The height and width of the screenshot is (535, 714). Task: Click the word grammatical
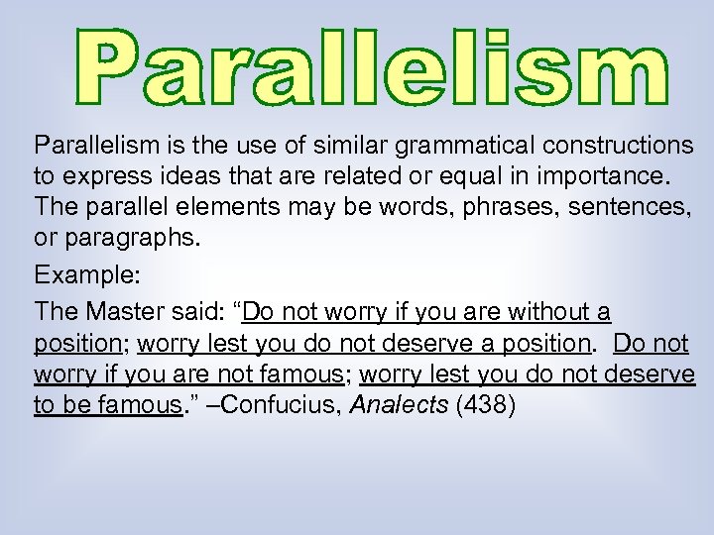[444, 147]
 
